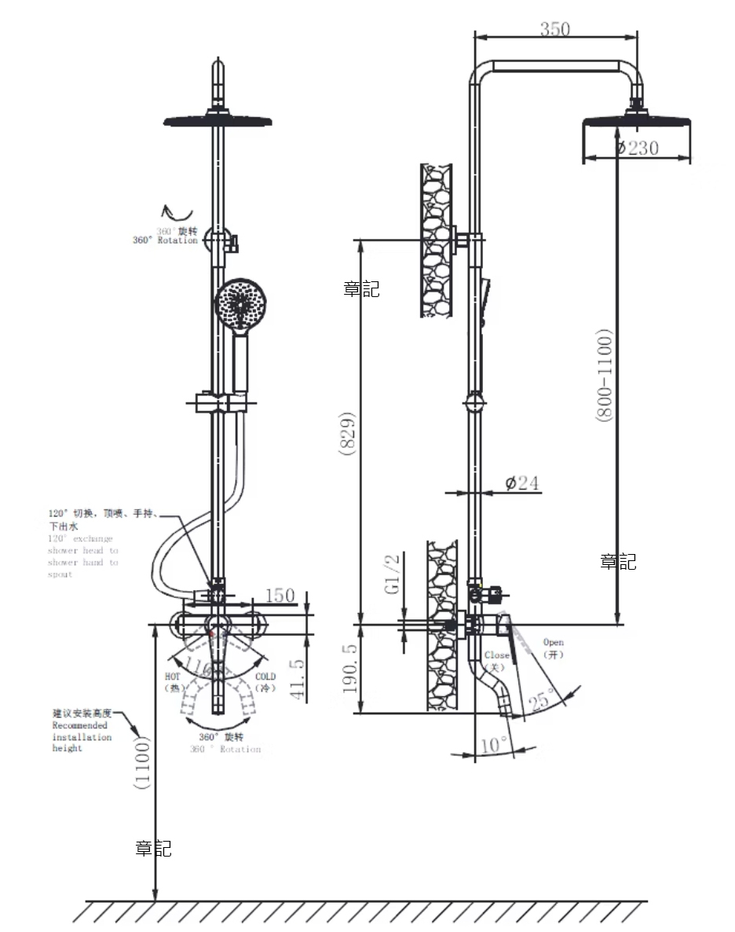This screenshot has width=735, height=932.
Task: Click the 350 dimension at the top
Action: [x=555, y=29]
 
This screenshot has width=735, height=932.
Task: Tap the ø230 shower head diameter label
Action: [x=637, y=148]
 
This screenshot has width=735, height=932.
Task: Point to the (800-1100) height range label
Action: [x=604, y=376]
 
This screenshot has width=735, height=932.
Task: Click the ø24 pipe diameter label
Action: [x=522, y=483]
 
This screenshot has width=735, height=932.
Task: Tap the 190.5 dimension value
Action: [x=351, y=669]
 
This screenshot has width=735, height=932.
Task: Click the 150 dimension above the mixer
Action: [x=280, y=596]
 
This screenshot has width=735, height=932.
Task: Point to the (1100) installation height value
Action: [x=141, y=762]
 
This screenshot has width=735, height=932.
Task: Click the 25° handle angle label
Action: [x=541, y=699]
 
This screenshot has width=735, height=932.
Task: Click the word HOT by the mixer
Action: [x=173, y=676]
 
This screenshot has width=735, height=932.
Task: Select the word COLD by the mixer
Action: [x=266, y=676]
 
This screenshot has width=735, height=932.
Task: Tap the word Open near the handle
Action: [x=554, y=642]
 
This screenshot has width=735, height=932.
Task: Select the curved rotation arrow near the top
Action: [x=177, y=211]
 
